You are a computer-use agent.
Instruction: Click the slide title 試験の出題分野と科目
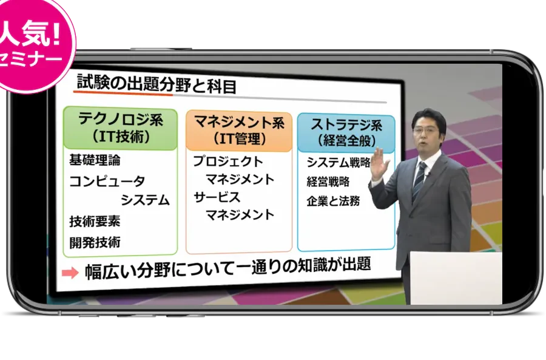pos(157,84)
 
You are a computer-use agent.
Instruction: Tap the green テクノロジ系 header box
pos(121,129)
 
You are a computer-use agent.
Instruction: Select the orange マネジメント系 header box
pos(239,131)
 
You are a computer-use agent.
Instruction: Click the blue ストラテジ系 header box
pos(346,133)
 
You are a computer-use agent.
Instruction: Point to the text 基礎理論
pos(95,160)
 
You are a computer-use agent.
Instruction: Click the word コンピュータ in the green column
pos(107,182)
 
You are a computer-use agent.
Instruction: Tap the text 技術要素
pos(95,222)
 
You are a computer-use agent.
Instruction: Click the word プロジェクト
pos(228,161)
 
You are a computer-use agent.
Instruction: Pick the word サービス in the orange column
pos(217,197)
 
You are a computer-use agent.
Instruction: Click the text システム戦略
pos(338,163)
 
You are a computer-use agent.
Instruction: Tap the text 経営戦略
pos(328,182)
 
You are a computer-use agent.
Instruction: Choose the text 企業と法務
pos(333,201)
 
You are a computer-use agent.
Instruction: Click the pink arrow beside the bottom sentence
pos(70,273)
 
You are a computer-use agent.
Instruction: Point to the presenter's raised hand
pos(380,164)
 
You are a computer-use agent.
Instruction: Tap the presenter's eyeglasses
pos(425,131)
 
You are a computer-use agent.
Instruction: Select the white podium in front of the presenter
pos(456,278)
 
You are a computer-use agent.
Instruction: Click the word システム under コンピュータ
pos(145,200)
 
